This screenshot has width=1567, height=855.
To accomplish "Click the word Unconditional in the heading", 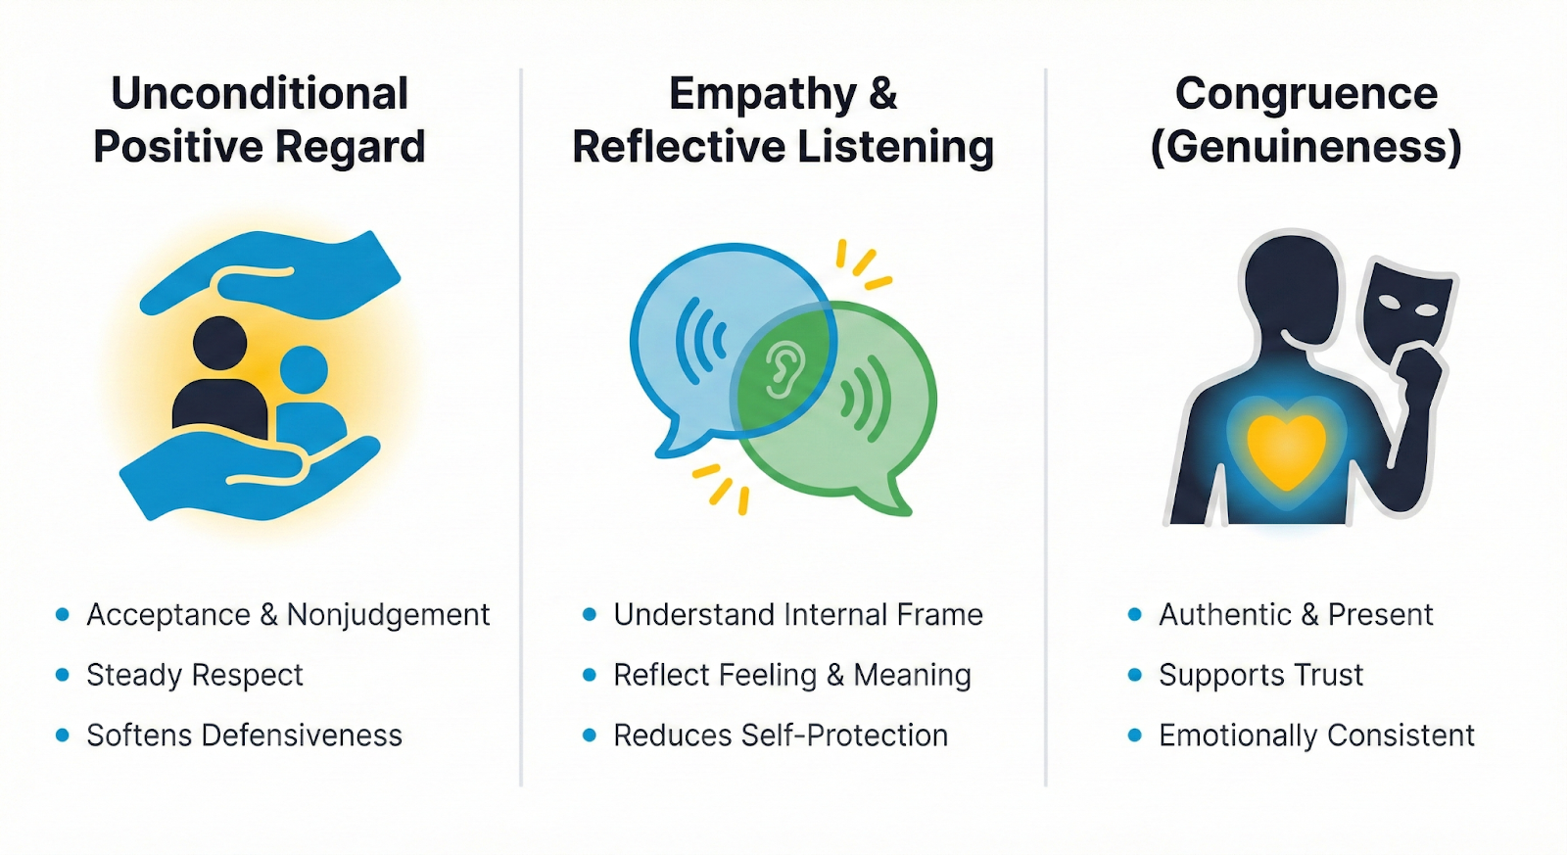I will click(x=260, y=94).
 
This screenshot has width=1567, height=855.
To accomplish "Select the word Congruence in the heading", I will click(x=1306, y=94).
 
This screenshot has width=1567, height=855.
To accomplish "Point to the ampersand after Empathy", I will click(x=881, y=94).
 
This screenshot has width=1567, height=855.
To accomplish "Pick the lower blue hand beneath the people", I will click(x=245, y=475).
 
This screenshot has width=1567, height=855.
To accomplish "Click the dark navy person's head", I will click(x=219, y=343).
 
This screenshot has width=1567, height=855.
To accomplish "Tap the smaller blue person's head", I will click(x=304, y=369).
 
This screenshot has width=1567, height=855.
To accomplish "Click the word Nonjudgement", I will click(x=388, y=615).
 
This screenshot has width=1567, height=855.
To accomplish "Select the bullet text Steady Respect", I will click(x=195, y=676).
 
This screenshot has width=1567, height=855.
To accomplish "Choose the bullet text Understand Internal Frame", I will click(x=797, y=615).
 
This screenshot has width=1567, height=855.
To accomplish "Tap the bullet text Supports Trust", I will click(x=1260, y=676).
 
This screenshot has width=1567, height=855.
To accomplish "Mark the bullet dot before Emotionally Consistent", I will click(x=1135, y=735).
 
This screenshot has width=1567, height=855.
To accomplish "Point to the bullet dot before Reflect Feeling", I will click(x=590, y=675).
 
